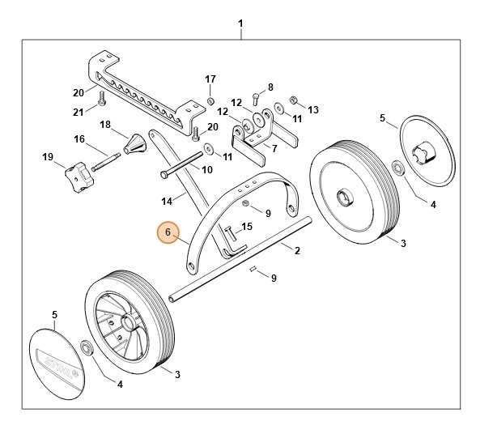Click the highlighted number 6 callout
(x=168, y=233)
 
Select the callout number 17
(x=210, y=79)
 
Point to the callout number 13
(x=314, y=110)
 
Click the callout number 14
(x=167, y=201)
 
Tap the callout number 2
(x=297, y=251)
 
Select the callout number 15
(x=247, y=226)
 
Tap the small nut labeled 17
(x=210, y=101)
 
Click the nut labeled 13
(x=294, y=102)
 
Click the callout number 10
(x=207, y=170)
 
